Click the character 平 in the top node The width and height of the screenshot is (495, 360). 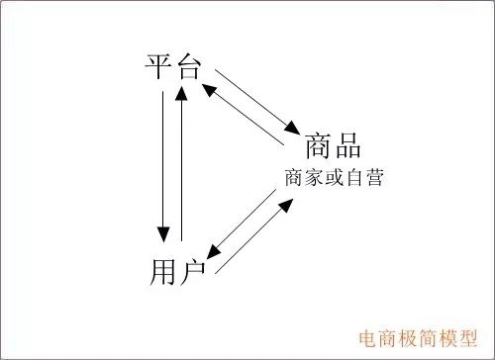pyautogui.click(x=158, y=68)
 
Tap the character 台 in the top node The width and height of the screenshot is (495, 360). pyautogui.click(x=187, y=68)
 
